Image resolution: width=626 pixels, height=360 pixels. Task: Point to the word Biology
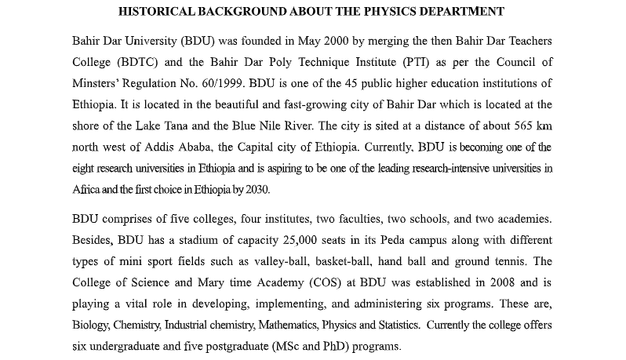[x=91, y=325]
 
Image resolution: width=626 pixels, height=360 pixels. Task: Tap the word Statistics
[x=393, y=325]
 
